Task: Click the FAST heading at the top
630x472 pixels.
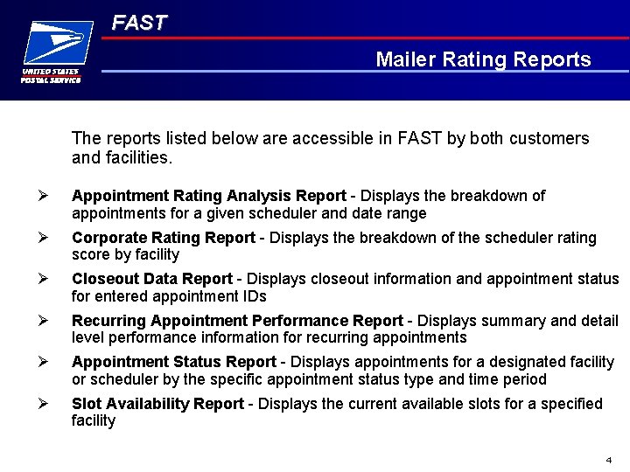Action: coord(138,24)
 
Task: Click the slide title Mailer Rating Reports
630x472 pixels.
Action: coord(483,59)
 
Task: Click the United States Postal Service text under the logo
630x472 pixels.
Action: coord(51,75)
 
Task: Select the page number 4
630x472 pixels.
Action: coord(608,460)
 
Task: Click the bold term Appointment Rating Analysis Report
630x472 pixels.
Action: coord(209,196)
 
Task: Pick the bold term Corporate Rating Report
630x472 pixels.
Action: coord(163,238)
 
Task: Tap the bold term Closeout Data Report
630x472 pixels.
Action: coord(152,279)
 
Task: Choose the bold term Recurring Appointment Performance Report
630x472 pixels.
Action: coord(237,321)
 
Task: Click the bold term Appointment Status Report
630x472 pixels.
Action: coord(173,362)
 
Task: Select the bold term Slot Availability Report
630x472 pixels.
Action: coord(157,404)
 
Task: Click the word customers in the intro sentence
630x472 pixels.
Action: coord(553,138)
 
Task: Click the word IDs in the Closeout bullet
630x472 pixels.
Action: coord(255,296)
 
